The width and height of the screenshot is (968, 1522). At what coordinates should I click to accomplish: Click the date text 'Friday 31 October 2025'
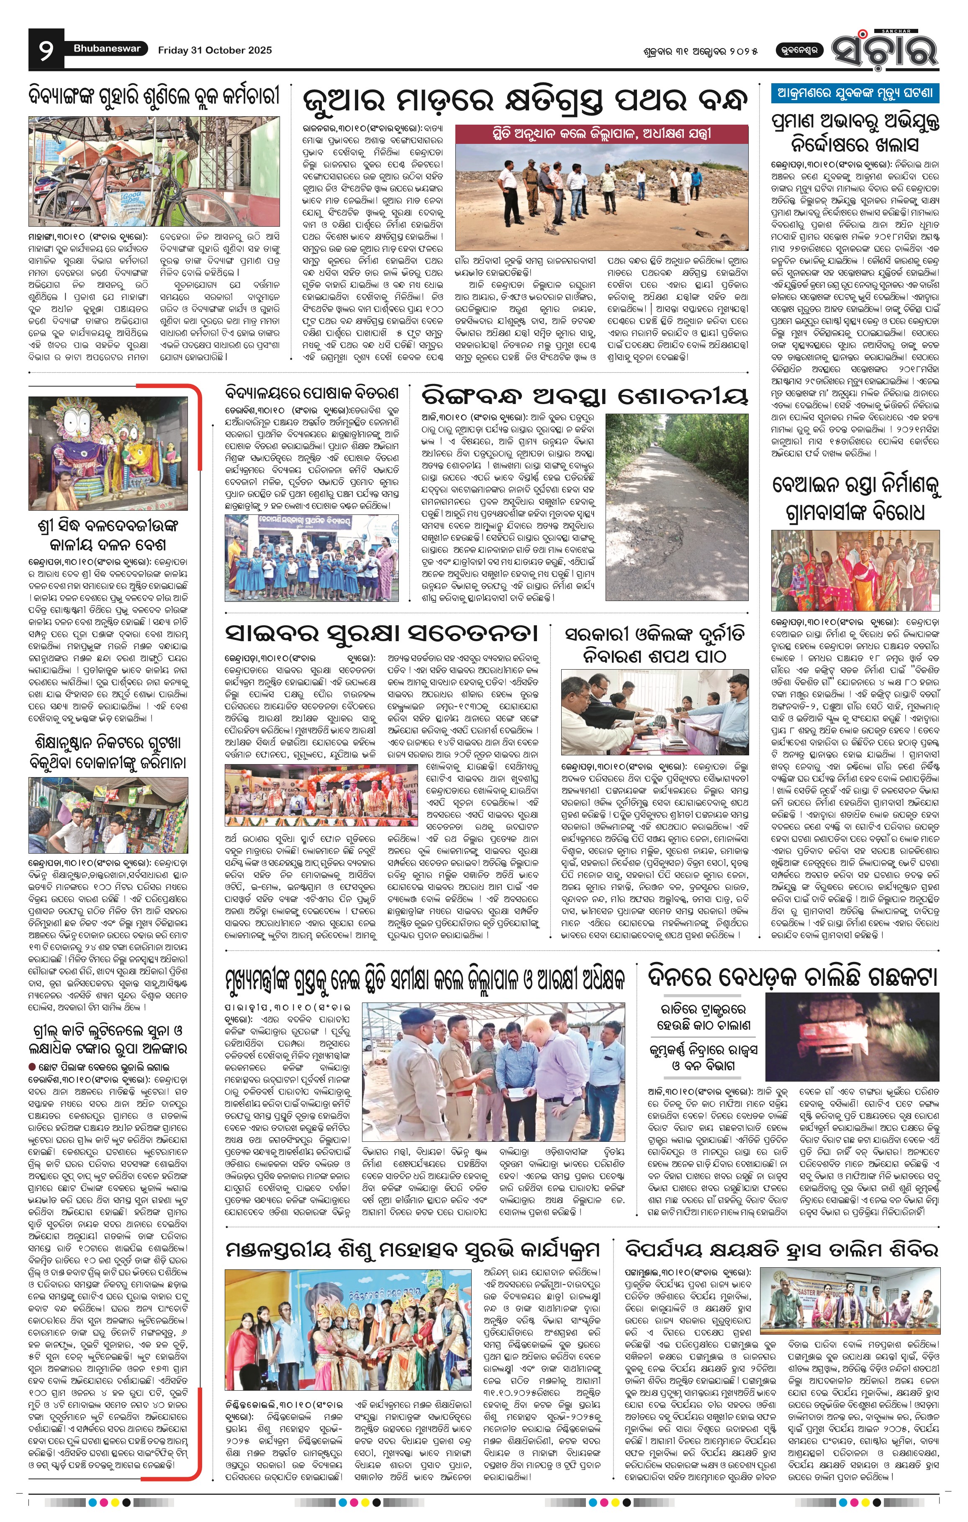coord(215,50)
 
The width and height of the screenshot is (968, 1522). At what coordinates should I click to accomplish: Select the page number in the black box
coord(46,50)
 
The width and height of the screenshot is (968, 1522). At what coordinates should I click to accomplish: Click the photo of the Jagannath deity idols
coord(108,453)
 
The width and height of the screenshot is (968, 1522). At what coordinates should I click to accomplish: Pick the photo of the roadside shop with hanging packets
coord(108,815)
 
